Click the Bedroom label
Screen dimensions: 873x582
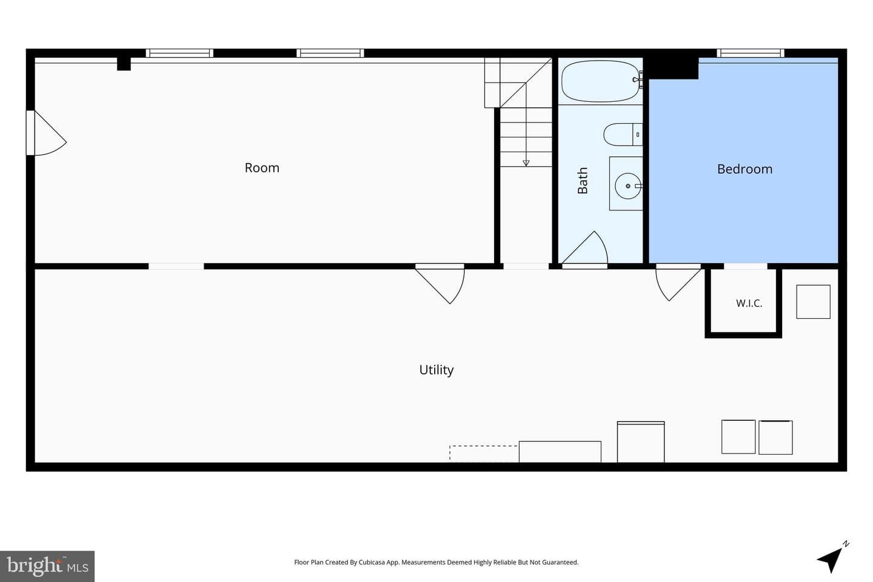point(744,169)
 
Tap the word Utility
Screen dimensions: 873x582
point(436,370)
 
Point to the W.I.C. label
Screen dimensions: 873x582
point(749,303)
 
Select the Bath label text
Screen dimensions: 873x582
point(583,181)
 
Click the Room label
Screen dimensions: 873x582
point(262,167)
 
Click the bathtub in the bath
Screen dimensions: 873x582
point(601,81)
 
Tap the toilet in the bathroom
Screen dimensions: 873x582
point(623,135)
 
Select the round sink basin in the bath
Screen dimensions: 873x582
point(628,186)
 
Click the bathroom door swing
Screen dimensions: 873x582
point(585,249)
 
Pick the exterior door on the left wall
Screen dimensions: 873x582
point(46,133)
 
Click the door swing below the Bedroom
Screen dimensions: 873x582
point(678,283)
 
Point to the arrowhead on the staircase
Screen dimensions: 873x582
point(526,163)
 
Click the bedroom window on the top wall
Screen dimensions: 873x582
point(751,53)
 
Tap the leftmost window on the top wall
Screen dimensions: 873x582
point(179,53)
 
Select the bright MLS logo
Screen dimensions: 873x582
point(47,566)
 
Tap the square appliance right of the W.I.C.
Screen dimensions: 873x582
point(813,302)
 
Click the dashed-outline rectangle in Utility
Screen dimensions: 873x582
point(484,453)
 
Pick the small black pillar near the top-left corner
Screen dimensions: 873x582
point(124,64)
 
